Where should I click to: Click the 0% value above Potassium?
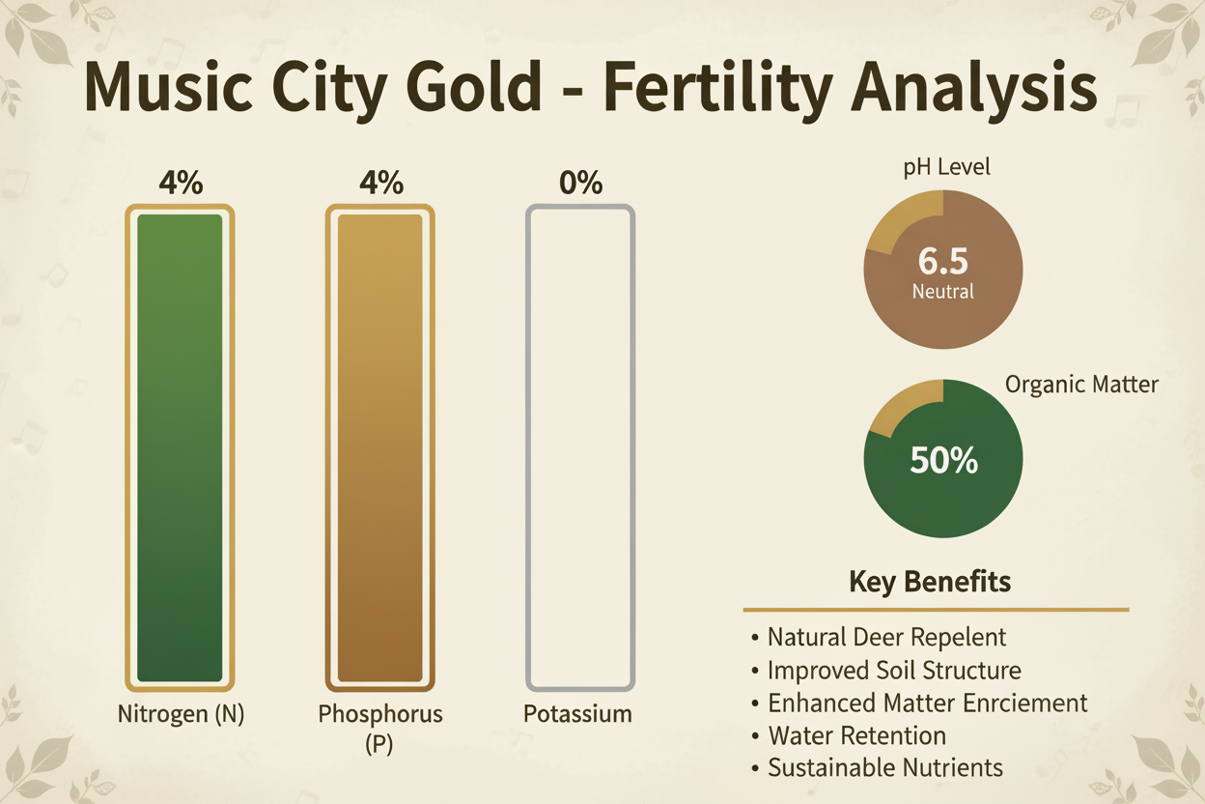pos(580,182)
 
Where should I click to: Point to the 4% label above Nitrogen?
pos(181,182)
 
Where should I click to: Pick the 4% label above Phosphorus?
pos(380,182)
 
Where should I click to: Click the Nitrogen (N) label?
pos(181,716)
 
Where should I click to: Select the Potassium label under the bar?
pos(577,715)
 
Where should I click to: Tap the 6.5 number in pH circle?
pos(943,262)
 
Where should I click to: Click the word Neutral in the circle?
pos(943,291)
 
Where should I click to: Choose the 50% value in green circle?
pos(943,461)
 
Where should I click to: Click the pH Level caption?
pos(946,168)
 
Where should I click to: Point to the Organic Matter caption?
pos(1081,385)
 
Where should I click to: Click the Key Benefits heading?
pos(930,582)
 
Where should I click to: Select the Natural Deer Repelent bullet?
pos(885,638)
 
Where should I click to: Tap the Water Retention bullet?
pos(855,736)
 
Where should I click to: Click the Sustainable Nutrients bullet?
pos(884,768)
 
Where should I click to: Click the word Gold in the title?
pos(461,88)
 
